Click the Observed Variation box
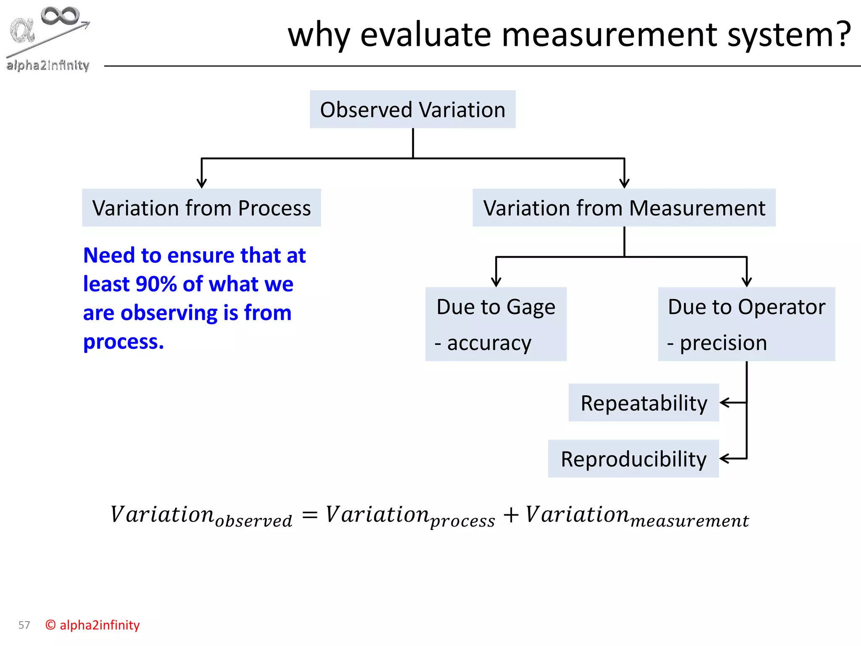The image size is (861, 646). click(x=412, y=109)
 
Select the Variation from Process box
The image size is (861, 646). click(x=201, y=208)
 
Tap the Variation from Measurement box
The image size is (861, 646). click(x=624, y=208)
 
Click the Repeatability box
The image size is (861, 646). click(x=644, y=403)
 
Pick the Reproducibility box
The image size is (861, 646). click(x=633, y=459)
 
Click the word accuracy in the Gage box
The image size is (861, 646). click(x=489, y=343)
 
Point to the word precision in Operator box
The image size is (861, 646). click(x=723, y=343)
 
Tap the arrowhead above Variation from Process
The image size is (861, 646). click(x=202, y=184)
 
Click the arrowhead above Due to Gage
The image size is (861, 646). click(x=496, y=282)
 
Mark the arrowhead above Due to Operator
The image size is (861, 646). click(x=747, y=282)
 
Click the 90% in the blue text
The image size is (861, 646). click(x=156, y=284)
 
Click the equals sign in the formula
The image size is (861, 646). click(x=310, y=515)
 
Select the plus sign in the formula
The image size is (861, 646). click(x=511, y=515)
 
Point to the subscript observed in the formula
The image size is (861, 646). click(x=254, y=522)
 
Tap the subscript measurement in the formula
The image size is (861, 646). click(x=689, y=522)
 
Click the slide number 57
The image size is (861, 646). click(x=24, y=625)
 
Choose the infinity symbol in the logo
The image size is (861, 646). click(x=60, y=16)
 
